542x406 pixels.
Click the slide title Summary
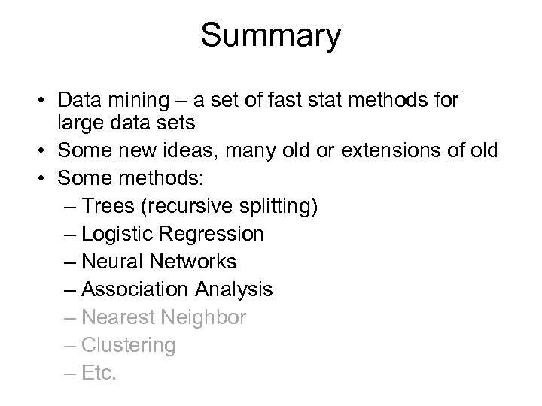tap(271, 36)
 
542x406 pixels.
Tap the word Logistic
tap(116, 234)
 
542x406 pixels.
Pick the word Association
tap(135, 289)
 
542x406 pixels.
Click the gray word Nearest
tap(114, 317)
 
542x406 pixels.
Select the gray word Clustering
tap(128, 346)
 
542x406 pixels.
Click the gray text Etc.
tap(99, 373)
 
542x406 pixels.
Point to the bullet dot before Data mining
tap(44, 99)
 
